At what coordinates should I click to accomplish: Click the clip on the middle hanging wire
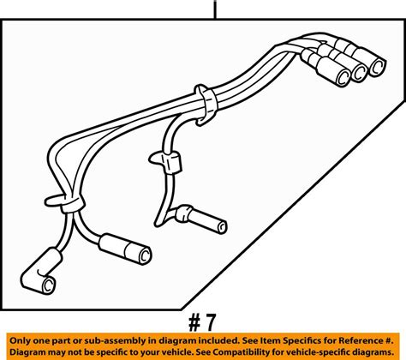click(x=166, y=159)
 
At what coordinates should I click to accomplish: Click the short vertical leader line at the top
click(x=215, y=9)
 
